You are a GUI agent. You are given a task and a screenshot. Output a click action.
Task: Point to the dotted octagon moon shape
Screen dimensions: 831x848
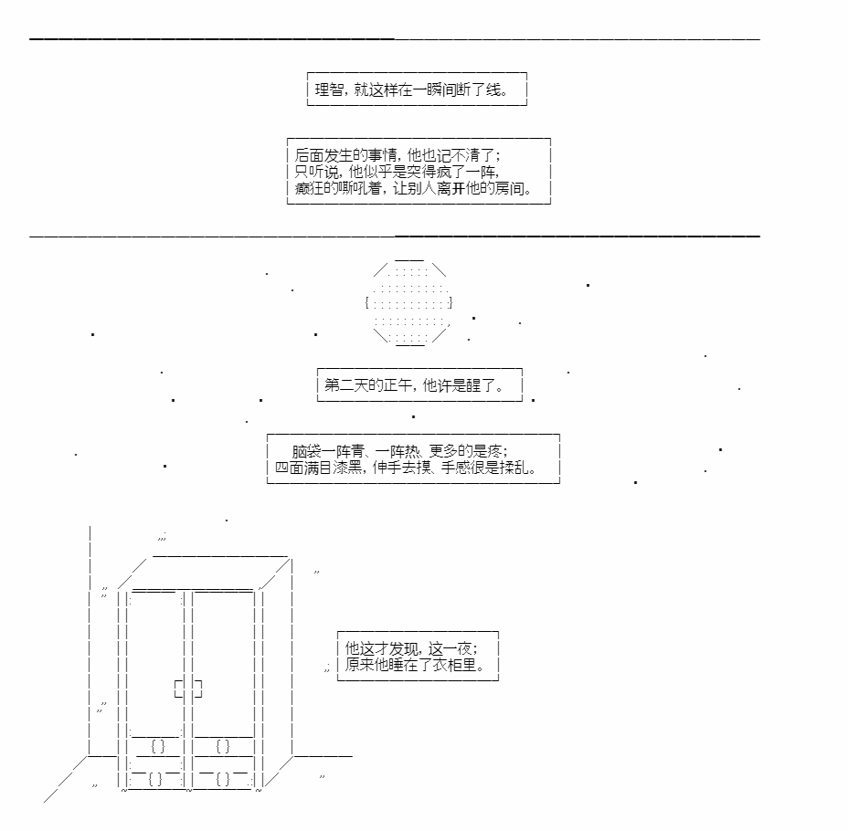click(x=408, y=303)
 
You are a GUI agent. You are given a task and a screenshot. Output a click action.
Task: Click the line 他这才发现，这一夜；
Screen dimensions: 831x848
click(x=410, y=647)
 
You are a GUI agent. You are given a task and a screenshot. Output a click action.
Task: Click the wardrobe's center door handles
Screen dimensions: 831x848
click(x=188, y=689)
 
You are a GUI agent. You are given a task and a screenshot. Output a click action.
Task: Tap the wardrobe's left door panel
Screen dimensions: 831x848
click(x=156, y=657)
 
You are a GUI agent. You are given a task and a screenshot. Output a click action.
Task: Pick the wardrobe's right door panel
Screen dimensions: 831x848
click(x=223, y=657)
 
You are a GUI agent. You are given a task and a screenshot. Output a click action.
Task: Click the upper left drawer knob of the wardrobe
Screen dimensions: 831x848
click(x=157, y=746)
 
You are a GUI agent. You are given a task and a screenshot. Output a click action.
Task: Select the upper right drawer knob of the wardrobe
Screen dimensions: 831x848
click(x=223, y=746)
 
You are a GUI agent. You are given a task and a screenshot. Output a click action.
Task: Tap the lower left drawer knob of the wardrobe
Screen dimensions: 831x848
click(x=156, y=779)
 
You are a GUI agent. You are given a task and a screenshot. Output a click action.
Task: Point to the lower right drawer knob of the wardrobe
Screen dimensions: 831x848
click(x=223, y=779)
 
